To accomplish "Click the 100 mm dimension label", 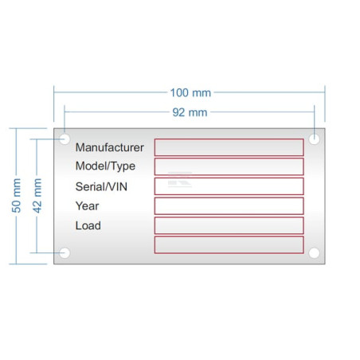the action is pyautogui.click(x=190, y=93).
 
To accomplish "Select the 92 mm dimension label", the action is pyautogui.click(x=190, y=112).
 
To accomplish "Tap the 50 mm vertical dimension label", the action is pyautogui.click(x=16, y=196).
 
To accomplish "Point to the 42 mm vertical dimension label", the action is pyautogui.click(x=37, y=196).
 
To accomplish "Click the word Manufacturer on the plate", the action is pyautogui.click(x=110, y=147).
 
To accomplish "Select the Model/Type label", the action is pyautogui.click(x=105, y=166).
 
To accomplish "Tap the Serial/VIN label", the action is pyautogui.click(x=101, y=186).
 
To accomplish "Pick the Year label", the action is pyautogui.click(x=87, y=206).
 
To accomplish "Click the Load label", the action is pyautogui.click(x=88, y=225).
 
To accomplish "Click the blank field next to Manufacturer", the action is pyautogui.click(x=229, y=147).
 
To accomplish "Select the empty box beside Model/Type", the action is pyautogui.click(x=229, y=166).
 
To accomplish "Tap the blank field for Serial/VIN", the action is pyautogui.click(x=229, y=186).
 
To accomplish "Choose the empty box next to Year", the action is pyautogui.click(x=229, y=205).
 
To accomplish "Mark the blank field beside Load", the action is pyautogui.click(x=229, y=225).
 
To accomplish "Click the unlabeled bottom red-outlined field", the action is pyautogui.click(x=229, y=245).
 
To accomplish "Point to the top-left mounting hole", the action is pyautogui.click(x=65, y=139).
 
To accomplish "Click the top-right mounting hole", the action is pyautogui.click(x=315, y=139).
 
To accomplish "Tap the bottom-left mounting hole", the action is pyautogui.click(x=65, y=253).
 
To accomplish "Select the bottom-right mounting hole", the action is pyautogui.click(x=315, y=253).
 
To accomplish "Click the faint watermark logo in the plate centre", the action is pyautogui.click(x=180, y=180).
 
